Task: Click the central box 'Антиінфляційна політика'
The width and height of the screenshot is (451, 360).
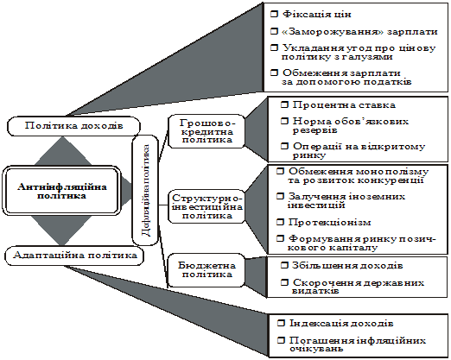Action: pos(61,191)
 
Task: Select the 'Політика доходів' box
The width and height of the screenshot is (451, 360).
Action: pos(73,126)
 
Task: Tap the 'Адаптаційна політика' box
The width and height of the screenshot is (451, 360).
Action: pos(74,256)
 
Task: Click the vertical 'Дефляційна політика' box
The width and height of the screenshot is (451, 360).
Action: pos(145,190)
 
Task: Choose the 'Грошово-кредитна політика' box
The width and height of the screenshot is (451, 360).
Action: pos(206,131)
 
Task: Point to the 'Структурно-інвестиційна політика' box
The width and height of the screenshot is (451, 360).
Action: pos(206,206)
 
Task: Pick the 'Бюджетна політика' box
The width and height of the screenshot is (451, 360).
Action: pos(206,270)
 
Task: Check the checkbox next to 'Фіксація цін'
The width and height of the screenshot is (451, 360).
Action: pos(274,14)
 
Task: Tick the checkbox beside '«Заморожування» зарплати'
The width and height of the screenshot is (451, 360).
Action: pos(274,31)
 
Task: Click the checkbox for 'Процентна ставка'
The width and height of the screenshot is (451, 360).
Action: pos(284,105)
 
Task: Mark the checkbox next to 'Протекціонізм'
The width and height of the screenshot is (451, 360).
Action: pos(280,222)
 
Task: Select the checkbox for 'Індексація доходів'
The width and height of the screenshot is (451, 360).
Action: pos(281,323)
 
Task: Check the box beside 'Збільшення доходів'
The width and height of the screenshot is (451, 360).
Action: pos(284,265)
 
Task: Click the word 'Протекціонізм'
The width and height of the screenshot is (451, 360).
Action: pos(329,223)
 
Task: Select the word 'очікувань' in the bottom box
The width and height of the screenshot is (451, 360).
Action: pos(316,349)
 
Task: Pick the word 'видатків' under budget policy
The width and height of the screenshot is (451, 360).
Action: pos(315,291)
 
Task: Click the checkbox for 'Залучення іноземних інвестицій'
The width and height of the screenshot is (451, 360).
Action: pos(280,197)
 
